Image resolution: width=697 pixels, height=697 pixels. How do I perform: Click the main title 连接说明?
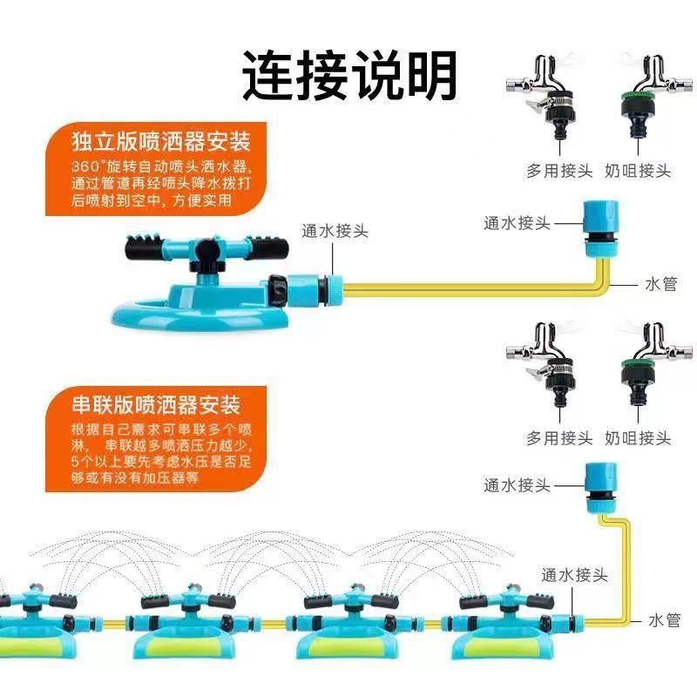[350, 75]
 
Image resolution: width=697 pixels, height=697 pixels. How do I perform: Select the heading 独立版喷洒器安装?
[161, 141]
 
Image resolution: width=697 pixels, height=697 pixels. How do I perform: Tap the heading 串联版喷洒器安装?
[156, 404]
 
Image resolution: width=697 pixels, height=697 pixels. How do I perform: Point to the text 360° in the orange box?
[86, 166]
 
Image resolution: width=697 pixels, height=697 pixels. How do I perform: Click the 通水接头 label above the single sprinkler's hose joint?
[335, 231]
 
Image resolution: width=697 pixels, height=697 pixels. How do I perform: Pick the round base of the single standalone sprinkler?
[200, 316]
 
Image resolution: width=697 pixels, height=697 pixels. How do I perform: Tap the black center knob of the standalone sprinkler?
[208, 252]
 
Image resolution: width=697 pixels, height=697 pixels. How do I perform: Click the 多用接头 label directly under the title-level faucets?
[559, 170]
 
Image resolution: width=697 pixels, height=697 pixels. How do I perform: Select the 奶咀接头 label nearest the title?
[638, 170]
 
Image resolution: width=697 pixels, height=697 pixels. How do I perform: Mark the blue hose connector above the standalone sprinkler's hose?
[600, 228]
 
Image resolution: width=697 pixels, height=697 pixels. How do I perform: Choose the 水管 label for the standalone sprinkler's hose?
[661, 284]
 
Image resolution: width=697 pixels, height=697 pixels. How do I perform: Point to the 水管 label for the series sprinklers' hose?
[665, 620]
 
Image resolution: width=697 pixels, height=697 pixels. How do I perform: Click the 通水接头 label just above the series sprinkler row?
[574, 575]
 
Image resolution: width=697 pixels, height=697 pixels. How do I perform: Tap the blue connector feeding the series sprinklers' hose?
[600, 488]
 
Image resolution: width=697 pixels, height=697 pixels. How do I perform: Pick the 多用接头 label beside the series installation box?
[559, 438]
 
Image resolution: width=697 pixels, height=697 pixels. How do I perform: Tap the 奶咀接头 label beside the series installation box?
[638, 438]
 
